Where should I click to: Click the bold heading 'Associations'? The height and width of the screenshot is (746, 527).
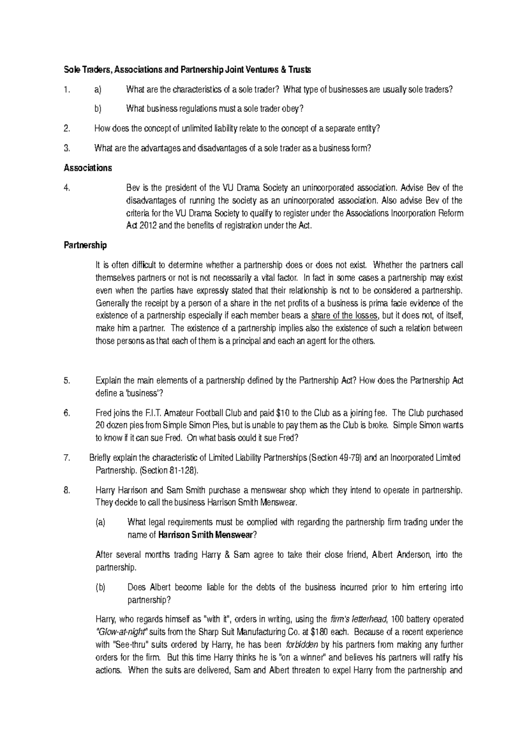(x=88, y=168)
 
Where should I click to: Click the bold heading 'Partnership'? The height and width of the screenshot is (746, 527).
(x=85, y=245)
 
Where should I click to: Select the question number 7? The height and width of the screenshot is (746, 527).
(x=67, y=457)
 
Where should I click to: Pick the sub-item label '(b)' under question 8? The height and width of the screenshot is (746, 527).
(x=101, y=587)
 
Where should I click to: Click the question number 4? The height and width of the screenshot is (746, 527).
(x=67, y=188)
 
